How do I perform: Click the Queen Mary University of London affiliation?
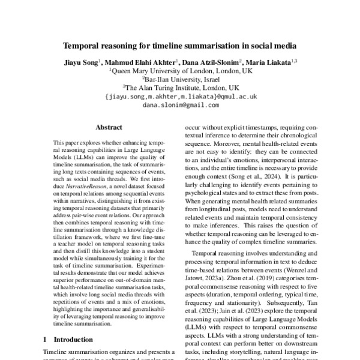pyautogui.click(x=181, y=70)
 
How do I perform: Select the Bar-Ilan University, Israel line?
pyautogui.click(x=181, y=79)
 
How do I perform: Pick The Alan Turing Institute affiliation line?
pyautogui.click(x=181, y=87)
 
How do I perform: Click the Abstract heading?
pyautogui.click(x=109, y=127)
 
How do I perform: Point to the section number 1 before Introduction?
pyautogui.click(x=46, y=339)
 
